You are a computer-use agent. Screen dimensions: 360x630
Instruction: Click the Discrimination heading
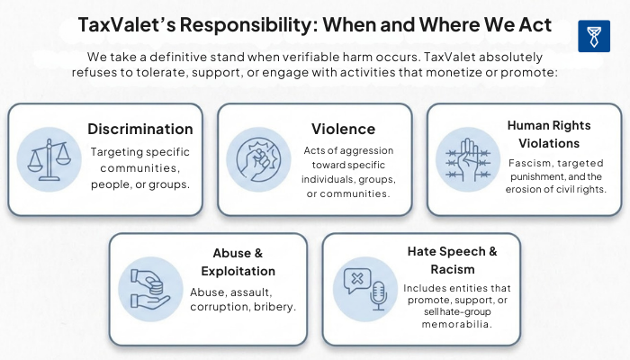point(140,129)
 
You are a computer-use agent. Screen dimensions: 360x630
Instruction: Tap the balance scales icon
point(49,159)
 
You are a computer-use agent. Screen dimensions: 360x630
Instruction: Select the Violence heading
point(343,129)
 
